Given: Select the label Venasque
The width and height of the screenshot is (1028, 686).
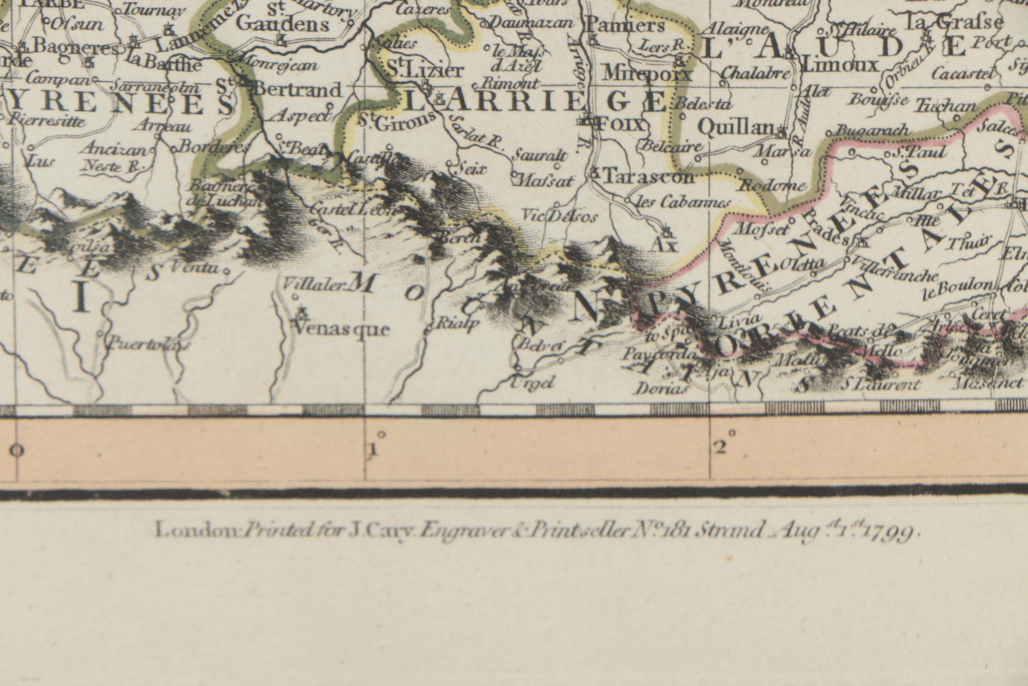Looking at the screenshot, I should click(342, 329).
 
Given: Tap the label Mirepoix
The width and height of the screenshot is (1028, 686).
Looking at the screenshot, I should click(647, 74).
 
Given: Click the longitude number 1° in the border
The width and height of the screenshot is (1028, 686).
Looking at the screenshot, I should click(372, 449).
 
